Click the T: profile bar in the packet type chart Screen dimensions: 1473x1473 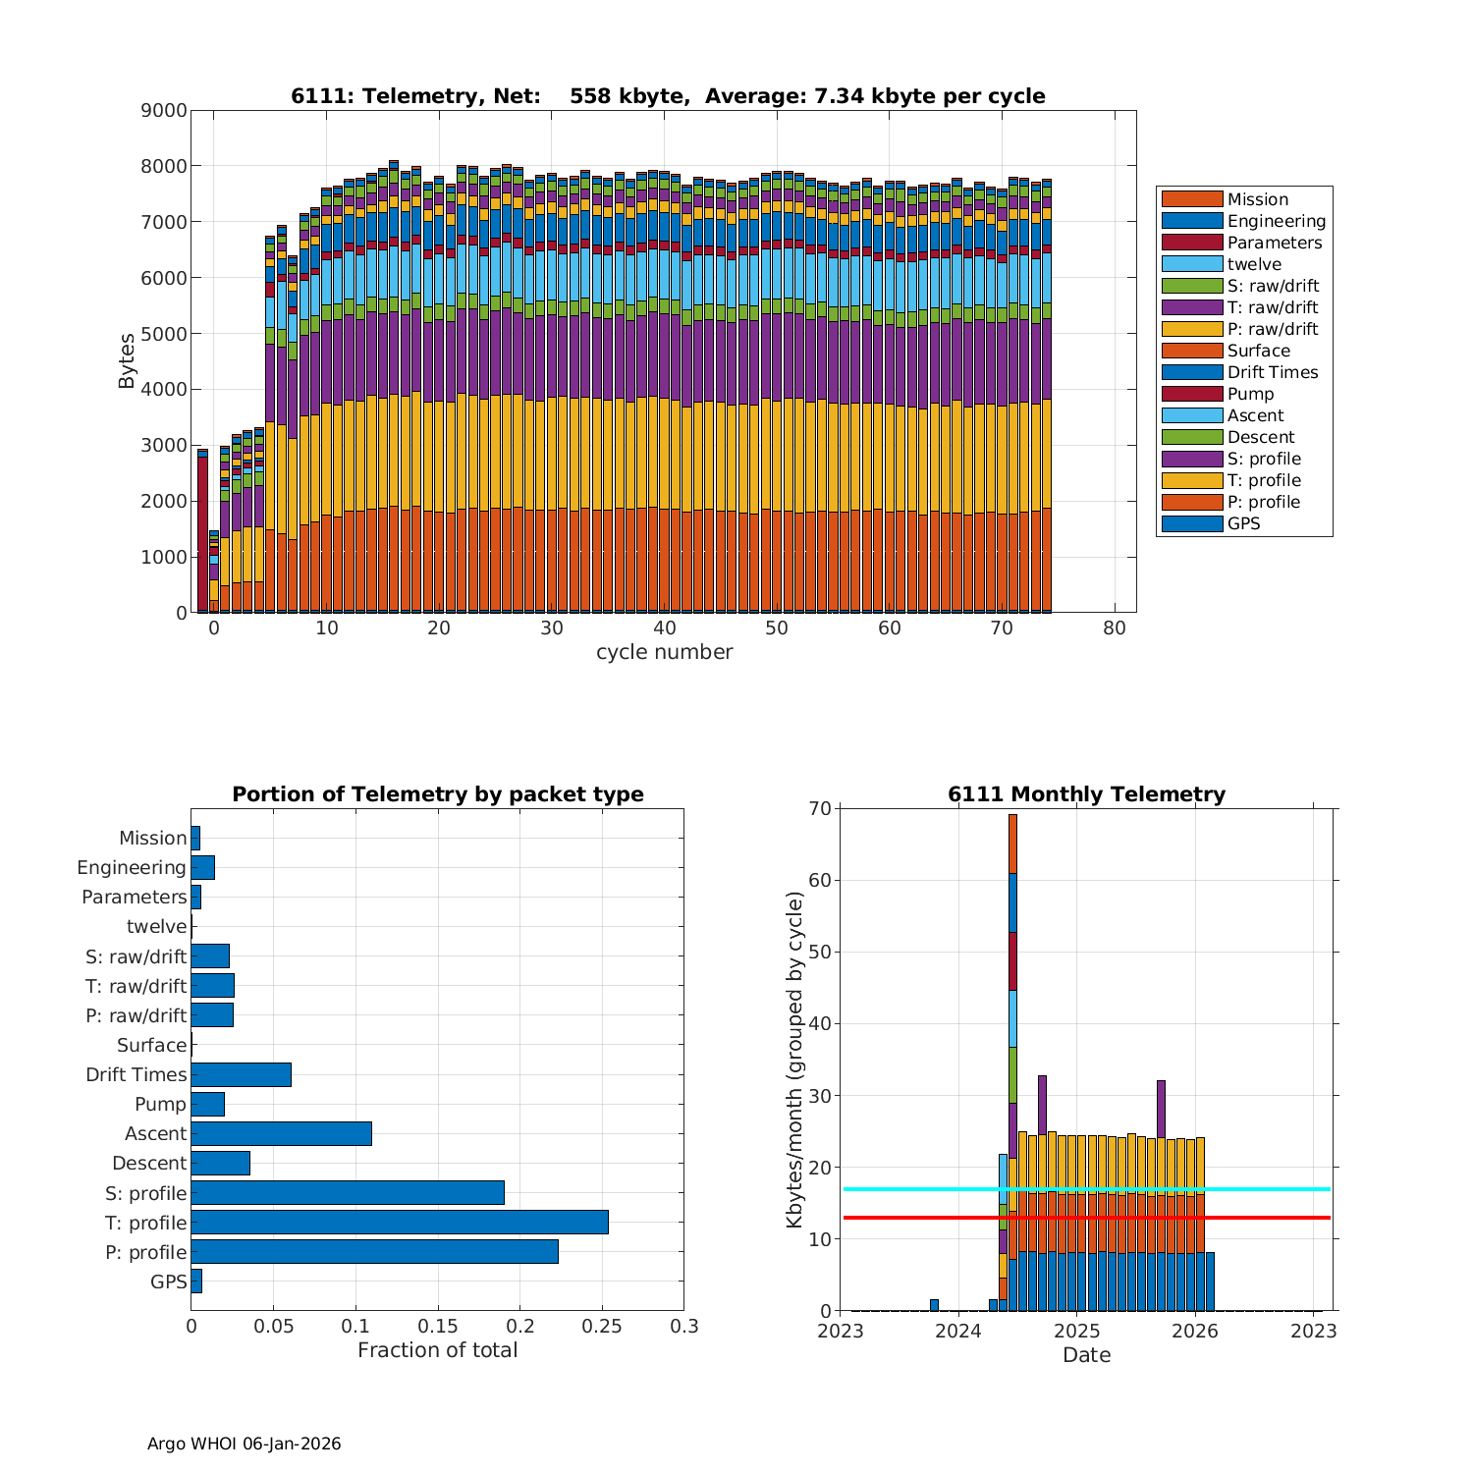tap(400, 1222)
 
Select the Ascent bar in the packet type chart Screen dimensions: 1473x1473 tap(282, 1133)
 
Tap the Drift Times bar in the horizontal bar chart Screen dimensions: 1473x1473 tap(242, 1074)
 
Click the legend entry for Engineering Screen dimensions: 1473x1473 tap(1276, 221)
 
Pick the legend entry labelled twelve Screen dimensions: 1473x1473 tap(1254, 264)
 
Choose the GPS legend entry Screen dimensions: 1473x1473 tap(1243, 523)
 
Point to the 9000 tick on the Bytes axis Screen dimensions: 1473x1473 tap(164, 111)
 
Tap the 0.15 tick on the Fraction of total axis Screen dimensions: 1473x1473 tap(438, 1327)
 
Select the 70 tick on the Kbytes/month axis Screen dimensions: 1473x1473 tap(820, 809)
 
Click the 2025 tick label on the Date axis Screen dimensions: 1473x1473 tap(1077, 1331)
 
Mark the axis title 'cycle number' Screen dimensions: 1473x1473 tap(664, 652)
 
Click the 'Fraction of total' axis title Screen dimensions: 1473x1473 tap(437, 1350)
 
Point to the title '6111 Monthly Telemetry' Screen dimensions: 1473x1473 tap(1086, 794)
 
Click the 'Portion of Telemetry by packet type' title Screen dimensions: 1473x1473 tap(438, 794)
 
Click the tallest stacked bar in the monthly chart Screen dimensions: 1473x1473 tap(1012, 982)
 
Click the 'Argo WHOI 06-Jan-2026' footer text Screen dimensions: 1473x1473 tap(245, 1444)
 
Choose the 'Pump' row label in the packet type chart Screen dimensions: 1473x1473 tap(160, 1104)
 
